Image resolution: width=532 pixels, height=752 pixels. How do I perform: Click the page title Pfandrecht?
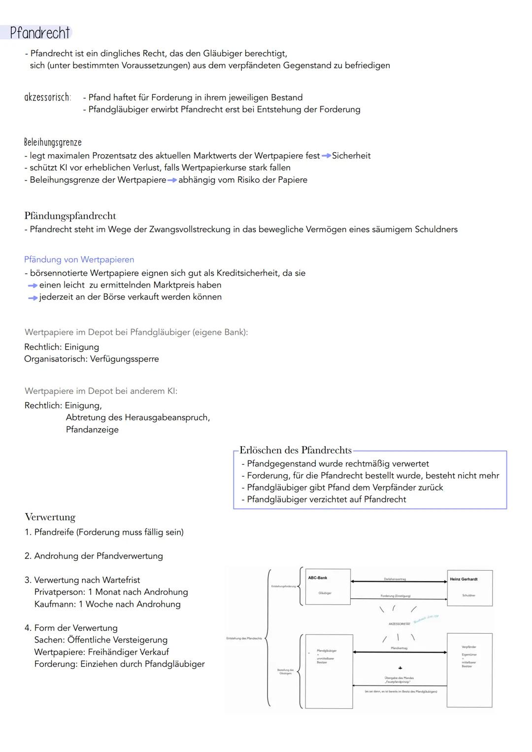pyautogui.click(x=40, y=33)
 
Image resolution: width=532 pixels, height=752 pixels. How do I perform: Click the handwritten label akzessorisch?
pyautogui.click(x=48, y=97)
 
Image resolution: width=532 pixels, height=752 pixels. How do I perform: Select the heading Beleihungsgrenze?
pyautogui.click(x=53, y=142)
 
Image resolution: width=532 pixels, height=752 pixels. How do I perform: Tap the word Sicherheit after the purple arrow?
pyautogui.click(x=351, y=156)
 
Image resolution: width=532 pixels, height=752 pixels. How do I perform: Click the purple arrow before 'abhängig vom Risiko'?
pyautogui.click(x=172, y=180)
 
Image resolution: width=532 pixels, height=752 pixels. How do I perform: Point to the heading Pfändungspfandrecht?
pyautogui.click(x=70, y=216)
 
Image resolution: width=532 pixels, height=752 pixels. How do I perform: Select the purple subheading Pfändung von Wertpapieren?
pyautogui.click(x=79, y=260)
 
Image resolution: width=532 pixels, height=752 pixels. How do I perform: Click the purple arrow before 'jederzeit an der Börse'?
pyautogui.click(x=33, y=297)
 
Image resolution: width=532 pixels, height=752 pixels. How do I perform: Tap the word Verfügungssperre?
pyautogui.click(x=124, y=359)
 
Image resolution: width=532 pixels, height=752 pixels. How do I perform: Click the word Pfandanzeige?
pyautogui.click(x=92, y=429)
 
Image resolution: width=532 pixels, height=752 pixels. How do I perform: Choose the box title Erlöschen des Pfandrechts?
pyautogui.click(x=295, y=450)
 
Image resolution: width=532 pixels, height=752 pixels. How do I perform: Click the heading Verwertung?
pyautogui.click(x=50, y=517)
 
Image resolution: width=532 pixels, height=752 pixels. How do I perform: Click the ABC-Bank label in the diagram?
pyautogui.click(x=317, y=578)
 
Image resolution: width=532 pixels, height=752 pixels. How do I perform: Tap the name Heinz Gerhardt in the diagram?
pyautogui.click(x=463, y=579)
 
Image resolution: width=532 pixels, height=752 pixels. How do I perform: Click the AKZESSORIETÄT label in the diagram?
pyautogui.click(x=399, y=623)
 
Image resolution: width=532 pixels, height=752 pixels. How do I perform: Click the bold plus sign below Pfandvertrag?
pyautogui.click(x=400, y=668)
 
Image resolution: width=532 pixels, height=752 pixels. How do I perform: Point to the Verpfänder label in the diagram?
pyautogui.click(x=468, y=647)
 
